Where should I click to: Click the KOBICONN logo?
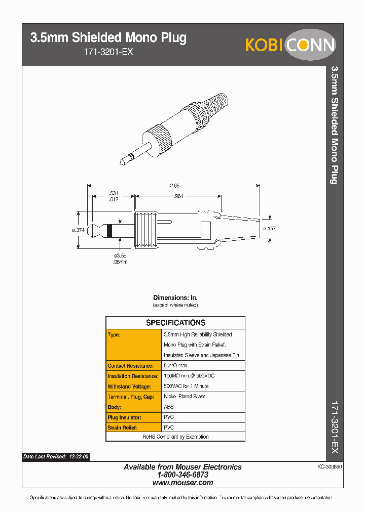[290, 45]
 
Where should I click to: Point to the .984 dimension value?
[178, 196]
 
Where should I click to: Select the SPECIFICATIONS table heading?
[175, 323]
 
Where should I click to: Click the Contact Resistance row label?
[130, 366]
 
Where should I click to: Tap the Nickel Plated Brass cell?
[185, 397]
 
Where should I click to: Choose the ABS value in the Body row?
[168, 407]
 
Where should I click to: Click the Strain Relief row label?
[122, 428]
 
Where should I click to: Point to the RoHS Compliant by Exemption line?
[175, 437]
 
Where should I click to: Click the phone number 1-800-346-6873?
[182, 475]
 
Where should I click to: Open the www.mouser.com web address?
[182, 483]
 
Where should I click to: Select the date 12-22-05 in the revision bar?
[79, 456]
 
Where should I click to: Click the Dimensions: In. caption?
[175, 298]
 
